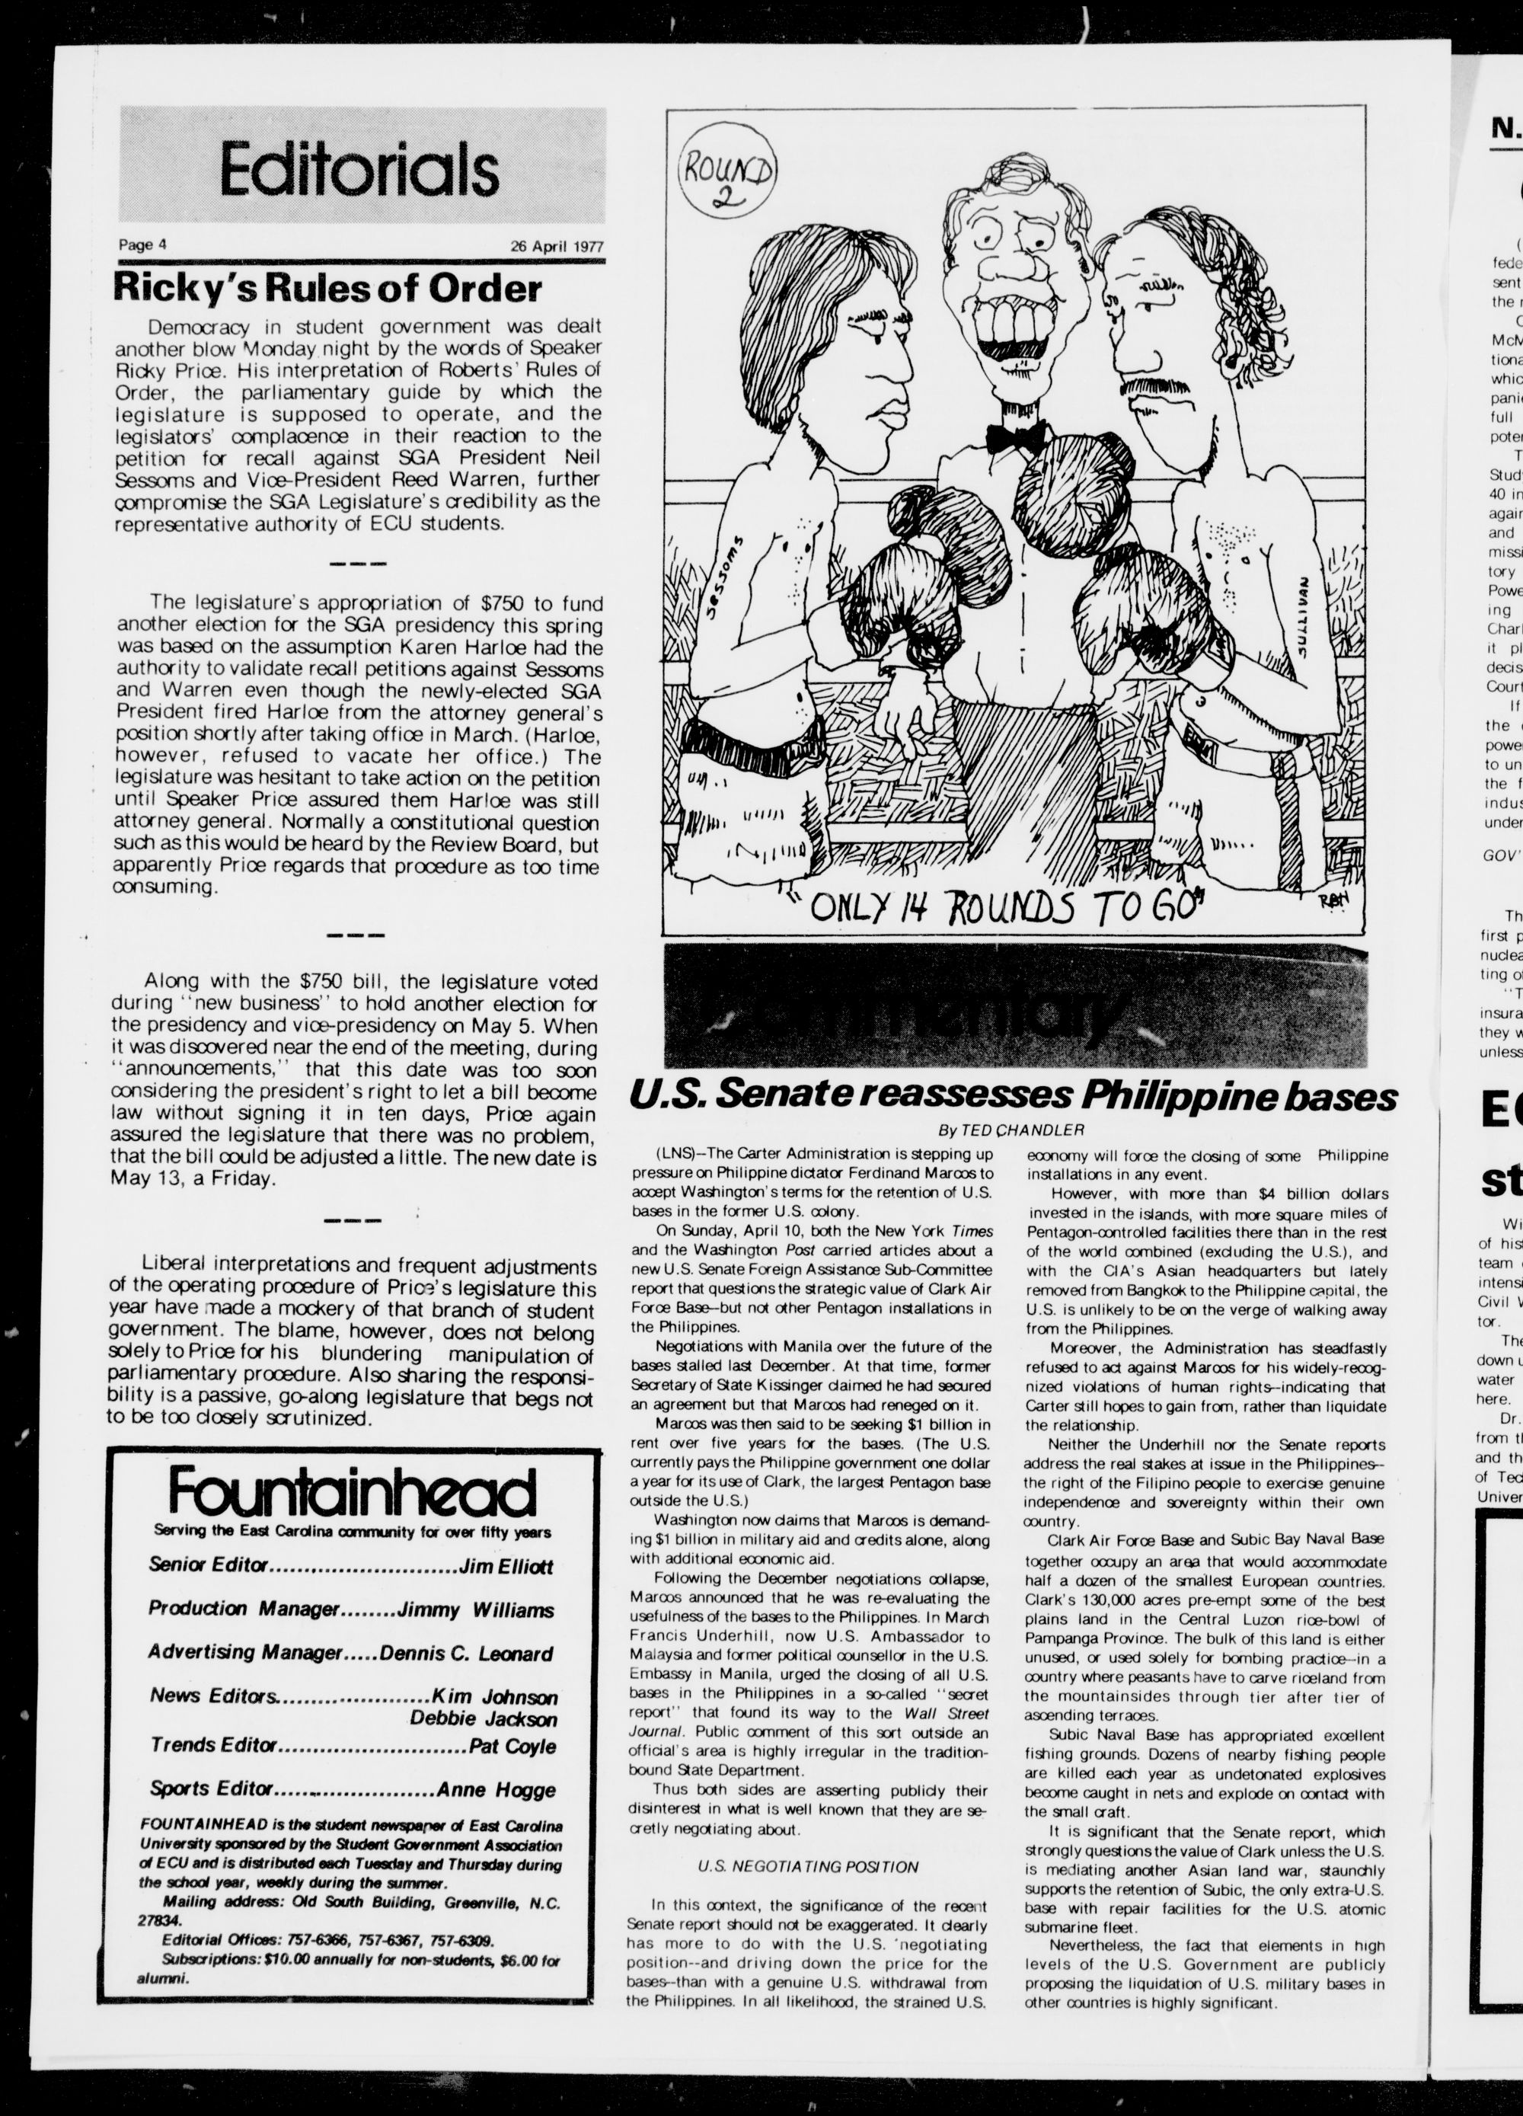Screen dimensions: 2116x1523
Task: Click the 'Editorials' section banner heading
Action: pos(359,170)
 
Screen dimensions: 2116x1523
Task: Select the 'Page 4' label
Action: pos(142,245)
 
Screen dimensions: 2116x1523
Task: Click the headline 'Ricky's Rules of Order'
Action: pos(327,287)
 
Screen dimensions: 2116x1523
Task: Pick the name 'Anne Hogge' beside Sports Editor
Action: pos(495,1789)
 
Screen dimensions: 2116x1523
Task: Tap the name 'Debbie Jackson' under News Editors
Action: pos(483,1718)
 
